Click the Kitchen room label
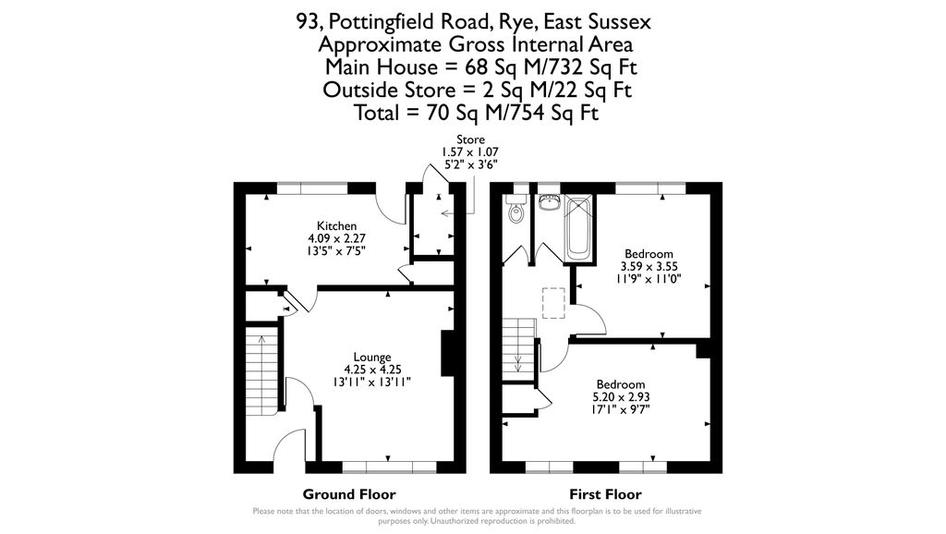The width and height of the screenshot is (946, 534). click(337, 226)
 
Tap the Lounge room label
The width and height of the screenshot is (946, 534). click(372, 358)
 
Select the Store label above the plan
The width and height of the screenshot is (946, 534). click(471, 140)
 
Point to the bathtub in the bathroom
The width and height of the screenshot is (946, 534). click(580, 228)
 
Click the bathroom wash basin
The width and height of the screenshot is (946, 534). click(549, 202)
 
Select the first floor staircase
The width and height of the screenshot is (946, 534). click(518, 347)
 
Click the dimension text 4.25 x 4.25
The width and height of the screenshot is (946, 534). click(372, 370)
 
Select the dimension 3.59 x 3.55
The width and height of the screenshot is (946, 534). click(649, 266)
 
